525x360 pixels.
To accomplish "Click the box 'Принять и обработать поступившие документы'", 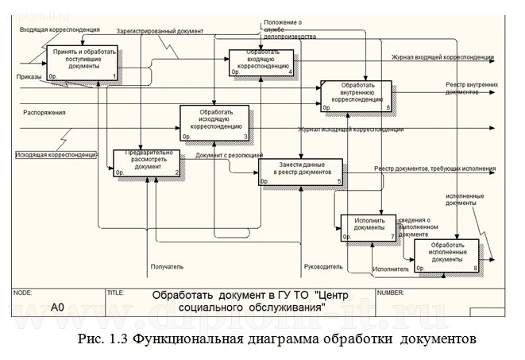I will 83,63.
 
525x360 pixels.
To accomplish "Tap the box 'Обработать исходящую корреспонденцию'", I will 215,122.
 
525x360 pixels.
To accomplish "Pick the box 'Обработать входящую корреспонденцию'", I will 261,63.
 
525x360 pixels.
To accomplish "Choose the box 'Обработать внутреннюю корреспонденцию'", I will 356,95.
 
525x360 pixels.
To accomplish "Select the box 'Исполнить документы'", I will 368,227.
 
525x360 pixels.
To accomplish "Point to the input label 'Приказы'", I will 29,77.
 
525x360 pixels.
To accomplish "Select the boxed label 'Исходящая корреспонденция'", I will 56,154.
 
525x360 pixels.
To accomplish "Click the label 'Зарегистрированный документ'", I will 160,32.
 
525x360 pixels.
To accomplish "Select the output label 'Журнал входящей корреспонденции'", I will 442,58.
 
